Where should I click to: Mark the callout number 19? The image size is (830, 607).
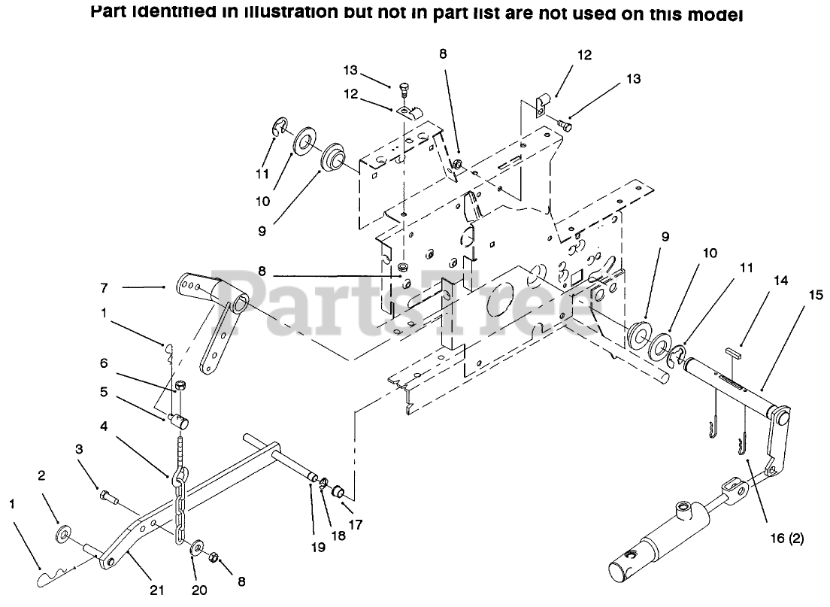pyautogui.click(x=318, y=548)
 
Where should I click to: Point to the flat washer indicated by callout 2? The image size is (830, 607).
pyautogui.click(x=63, y=534)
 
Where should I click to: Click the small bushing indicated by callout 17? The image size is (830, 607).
pyautogui.click(x=339, y=493)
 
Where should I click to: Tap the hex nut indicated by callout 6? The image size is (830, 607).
pyautogui.click(x=180, y=387)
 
